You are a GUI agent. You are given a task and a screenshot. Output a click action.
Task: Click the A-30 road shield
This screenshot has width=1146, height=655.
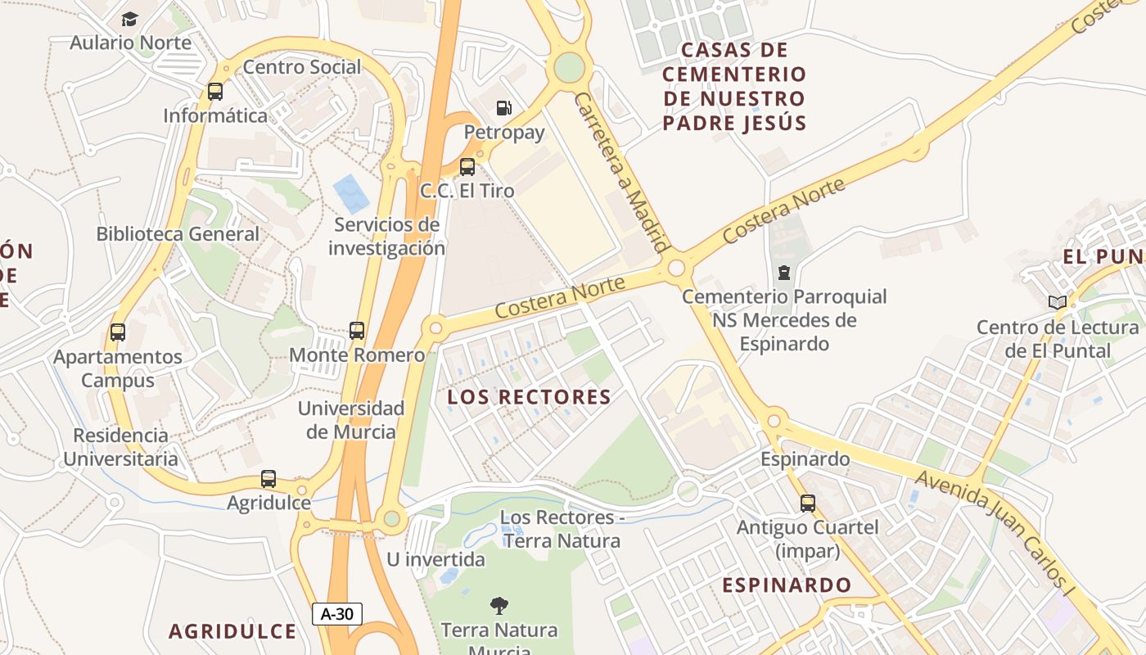(337, 614)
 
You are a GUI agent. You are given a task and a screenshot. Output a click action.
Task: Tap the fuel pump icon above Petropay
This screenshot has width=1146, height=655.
(504, 108)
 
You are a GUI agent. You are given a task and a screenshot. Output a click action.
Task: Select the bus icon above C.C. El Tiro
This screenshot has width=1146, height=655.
(467, 167)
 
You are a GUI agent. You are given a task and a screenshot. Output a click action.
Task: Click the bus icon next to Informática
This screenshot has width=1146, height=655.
(215, 92)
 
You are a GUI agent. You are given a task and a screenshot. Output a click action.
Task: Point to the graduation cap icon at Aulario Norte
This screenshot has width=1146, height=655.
(129, 19)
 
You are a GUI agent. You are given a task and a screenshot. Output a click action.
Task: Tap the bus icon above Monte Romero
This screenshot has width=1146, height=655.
(357, 331)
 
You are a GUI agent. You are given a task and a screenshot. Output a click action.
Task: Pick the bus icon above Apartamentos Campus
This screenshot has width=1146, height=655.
(118, 332)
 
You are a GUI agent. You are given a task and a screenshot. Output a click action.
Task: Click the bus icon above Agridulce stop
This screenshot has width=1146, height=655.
(268, 479)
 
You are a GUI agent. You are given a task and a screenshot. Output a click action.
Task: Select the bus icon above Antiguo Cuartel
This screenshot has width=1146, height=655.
(808, 503)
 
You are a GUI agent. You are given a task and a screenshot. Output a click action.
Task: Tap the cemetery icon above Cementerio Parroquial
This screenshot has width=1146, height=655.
(784, 272)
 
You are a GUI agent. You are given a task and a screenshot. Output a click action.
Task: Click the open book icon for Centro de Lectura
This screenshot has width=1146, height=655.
(1058, 303)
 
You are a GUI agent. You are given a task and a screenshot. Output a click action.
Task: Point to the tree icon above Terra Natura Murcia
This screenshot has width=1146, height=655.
(499, 606)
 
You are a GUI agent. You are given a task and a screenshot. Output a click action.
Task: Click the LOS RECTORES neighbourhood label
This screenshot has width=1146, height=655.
(529, 397)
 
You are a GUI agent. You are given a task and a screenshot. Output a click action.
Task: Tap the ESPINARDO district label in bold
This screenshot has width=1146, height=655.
(787, 585)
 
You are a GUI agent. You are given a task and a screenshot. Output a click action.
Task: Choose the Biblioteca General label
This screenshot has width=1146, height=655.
(178, 234)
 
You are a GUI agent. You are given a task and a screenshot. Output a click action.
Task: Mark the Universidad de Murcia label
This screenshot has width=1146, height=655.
(351, 420)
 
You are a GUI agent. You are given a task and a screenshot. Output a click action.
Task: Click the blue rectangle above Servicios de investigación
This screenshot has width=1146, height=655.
(351, 194)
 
